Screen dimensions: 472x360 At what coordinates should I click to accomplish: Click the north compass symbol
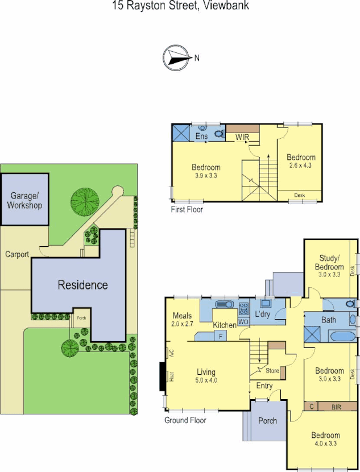(177, 57)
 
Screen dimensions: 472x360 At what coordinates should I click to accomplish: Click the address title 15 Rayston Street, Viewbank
(180, 6)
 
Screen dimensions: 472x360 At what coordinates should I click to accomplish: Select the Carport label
(16, 255)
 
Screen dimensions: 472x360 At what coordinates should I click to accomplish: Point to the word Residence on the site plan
(82, 285)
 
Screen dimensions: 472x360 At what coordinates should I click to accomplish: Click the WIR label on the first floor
(243, 136)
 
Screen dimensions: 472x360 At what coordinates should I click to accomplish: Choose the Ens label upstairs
(201, 136)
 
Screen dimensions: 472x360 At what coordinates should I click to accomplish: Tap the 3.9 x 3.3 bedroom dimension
(205, 176)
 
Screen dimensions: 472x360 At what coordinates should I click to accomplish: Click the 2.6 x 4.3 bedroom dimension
(300, 165)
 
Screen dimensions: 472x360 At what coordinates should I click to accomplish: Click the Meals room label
(183, 316)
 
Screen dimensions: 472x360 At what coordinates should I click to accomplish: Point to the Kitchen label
(225, 325)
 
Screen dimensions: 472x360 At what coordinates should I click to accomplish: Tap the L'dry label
(263, 314)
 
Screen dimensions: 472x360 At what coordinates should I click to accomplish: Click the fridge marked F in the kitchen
(222, 337)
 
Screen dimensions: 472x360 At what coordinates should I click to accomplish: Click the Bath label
(328, 320)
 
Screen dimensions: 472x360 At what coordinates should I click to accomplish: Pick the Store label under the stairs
(272, 371)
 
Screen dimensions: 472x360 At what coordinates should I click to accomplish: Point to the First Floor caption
(187, 209)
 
